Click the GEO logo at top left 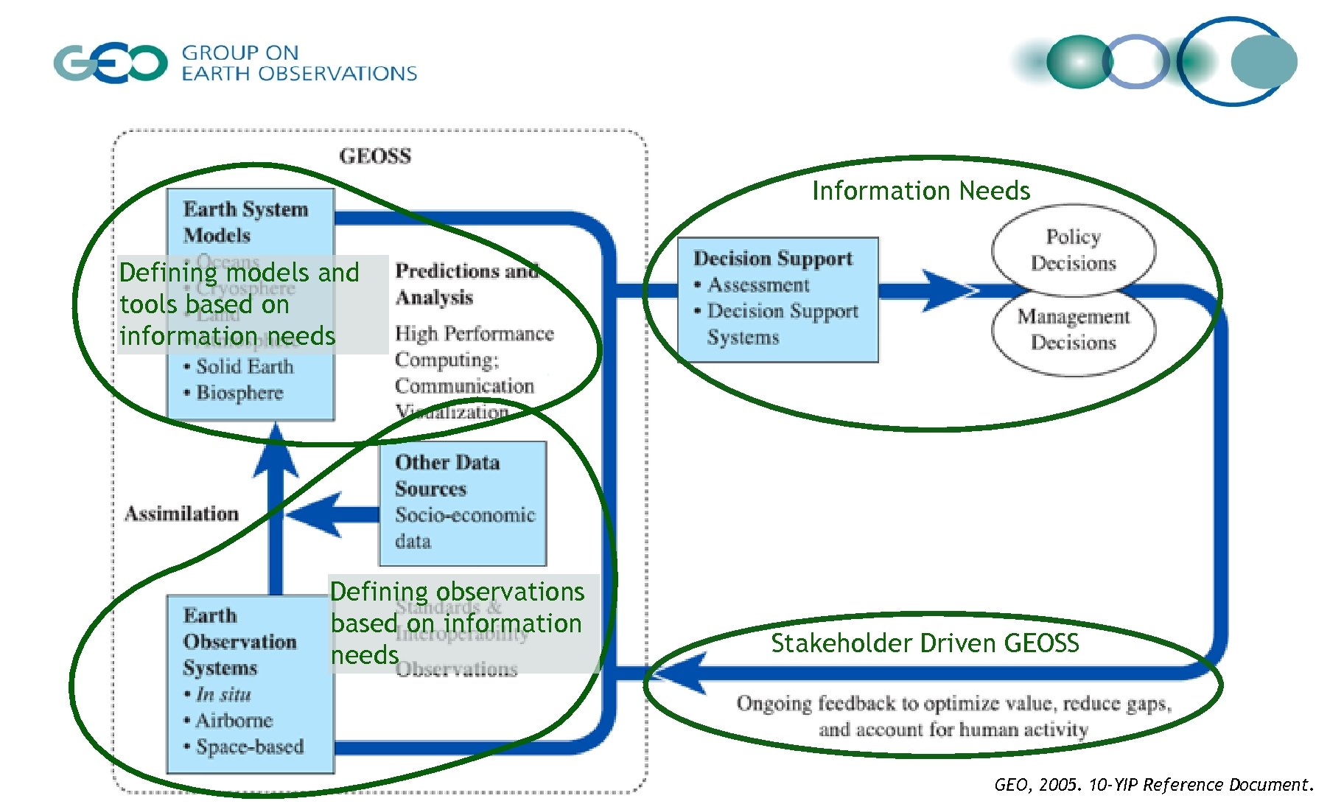click(x=111, y=63)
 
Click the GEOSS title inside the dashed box click(x=375, y=156)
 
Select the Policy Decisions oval click(x=1073, y=250)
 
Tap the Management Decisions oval click(x=1073, y=329)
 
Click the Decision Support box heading click(x=772, y=259)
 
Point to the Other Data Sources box click(x=462, y=503)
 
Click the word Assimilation click(x=181, y=514)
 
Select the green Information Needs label click(x=920, y=191)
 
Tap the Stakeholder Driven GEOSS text click(x=925, y=643)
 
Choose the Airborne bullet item click(x=234, y=720)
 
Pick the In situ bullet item click(x=223, y=694)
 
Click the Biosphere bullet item click(x=239, y=392)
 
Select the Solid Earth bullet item click(x=244, y=366)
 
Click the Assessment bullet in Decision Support click(x=758, y=285)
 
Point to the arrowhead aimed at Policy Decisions click(x=951, y=290)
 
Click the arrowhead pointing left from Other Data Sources click(x=313, y=514)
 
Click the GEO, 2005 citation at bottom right click(x=1153, y=785)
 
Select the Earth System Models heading click(x=245, y=222)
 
